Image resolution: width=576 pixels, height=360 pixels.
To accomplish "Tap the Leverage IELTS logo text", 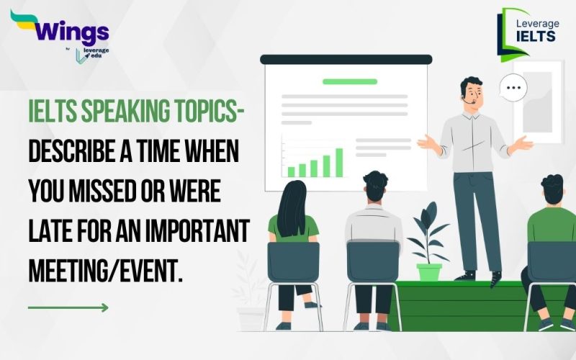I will tap(536, 29).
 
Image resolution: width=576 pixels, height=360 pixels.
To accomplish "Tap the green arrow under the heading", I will tap(68, 307).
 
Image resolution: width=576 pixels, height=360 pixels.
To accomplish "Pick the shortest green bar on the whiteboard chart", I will tap(292, 171).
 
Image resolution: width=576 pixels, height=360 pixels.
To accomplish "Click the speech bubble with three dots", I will tap(513, 88).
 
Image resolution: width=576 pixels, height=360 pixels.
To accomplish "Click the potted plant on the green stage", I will tap(429, 245).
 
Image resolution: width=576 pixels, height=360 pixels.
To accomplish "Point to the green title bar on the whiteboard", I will tap(349, 81).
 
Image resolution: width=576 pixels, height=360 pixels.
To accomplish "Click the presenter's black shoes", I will tap(479, 276).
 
